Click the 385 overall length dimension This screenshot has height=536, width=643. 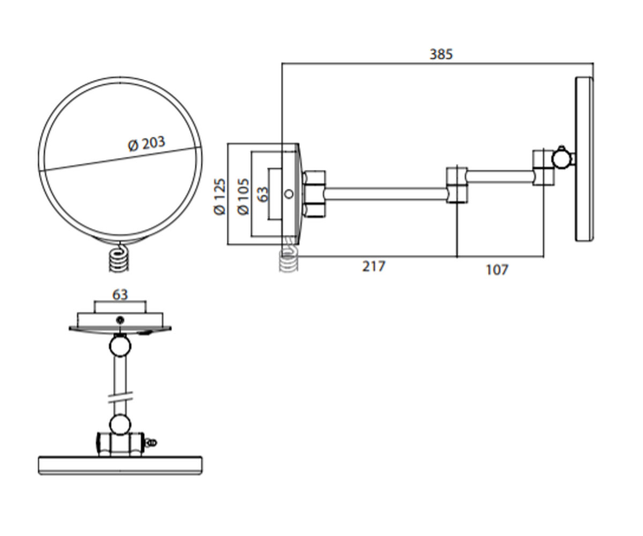pos(441,54)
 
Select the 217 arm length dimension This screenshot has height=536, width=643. pos(373,266)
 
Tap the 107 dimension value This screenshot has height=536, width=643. pos(497,270)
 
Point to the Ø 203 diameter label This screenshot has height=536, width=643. pos(147,144)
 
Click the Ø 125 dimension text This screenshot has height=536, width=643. pos(220,196)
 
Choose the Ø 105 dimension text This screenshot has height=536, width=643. pos(243,196)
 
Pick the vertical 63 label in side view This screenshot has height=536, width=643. pos(263,195)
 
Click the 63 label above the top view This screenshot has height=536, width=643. pos(120,295)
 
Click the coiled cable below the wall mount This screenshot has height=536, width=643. pos(289,257)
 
